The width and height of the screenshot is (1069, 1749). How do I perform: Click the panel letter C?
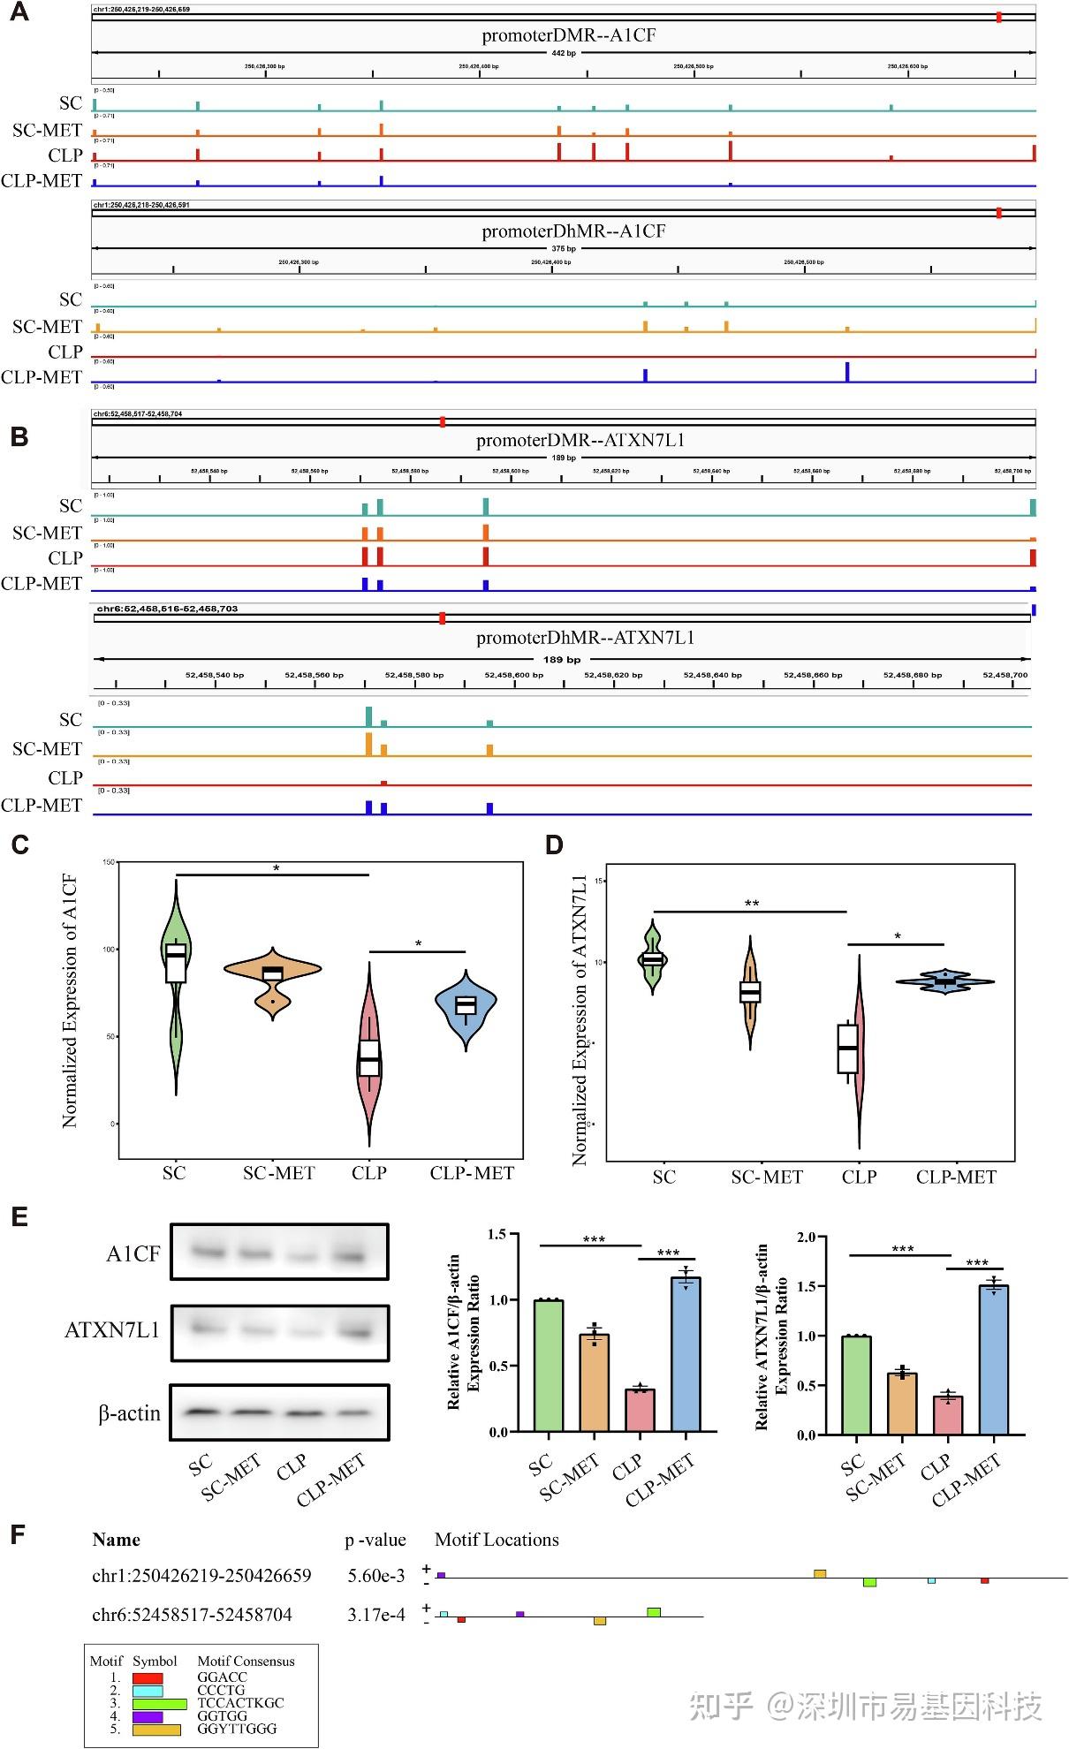click(19, 845)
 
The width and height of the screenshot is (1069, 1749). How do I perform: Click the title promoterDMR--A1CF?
click(568, 35)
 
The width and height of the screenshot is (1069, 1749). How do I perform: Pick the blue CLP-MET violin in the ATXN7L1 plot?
click(945, 981)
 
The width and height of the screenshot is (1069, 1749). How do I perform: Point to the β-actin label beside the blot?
click(130, 1413)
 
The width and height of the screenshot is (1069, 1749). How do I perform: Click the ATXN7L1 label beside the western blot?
click(112, 1330)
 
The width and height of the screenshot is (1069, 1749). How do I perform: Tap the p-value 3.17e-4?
click(376, 1615)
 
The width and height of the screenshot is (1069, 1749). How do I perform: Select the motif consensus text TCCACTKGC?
click(240, 1702)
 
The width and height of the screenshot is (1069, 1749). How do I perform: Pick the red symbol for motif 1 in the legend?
click(148, 1677)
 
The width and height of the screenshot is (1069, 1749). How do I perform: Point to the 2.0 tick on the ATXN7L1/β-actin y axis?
click(805, 1237)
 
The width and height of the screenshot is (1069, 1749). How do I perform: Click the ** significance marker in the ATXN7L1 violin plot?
click(752, 904)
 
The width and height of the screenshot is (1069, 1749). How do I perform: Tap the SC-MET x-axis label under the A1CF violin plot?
click(279, 1173)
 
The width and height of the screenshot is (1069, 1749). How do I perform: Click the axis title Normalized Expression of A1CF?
click(70, 1001)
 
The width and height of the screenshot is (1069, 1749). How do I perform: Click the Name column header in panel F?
click(116, 1540)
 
